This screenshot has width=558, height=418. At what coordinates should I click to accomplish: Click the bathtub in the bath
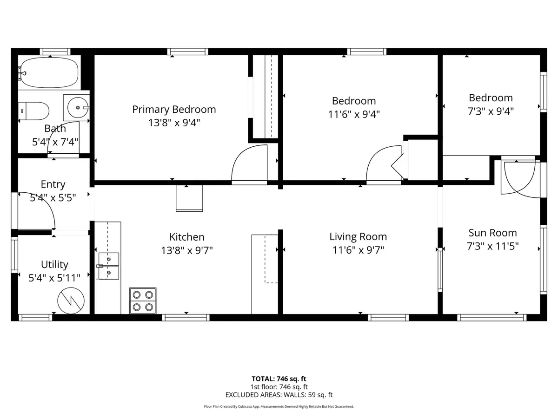coord(49,72)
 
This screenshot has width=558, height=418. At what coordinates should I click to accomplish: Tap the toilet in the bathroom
coord(35,111)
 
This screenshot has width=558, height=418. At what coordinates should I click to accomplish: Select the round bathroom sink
coord(76,107)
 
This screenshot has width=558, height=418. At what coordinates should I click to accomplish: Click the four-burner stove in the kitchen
coord(143,300)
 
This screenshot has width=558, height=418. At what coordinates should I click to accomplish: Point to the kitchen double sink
coord(108,266)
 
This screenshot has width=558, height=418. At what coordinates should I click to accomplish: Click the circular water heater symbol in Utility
coord(71,300)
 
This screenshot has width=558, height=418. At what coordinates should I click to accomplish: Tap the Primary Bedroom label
coord(174,110)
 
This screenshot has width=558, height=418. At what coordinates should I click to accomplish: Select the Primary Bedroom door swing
coord(249,165)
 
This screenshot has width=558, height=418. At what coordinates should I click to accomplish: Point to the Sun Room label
coord(492,233)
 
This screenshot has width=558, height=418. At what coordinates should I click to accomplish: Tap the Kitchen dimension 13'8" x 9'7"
coord(186,250)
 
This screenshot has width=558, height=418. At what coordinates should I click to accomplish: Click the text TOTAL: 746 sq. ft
coord(279,379)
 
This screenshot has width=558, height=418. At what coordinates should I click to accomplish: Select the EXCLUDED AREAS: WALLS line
coord(279,395)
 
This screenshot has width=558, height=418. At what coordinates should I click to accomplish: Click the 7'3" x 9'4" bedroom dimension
coord(491,111)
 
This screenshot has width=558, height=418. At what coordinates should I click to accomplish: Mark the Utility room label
coord(54,264)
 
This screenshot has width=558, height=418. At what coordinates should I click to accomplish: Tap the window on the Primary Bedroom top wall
coord(188,52)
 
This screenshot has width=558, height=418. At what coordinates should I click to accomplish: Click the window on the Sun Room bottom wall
coord(492,318)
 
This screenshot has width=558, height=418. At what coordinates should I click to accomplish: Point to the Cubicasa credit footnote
coord(279,406)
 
